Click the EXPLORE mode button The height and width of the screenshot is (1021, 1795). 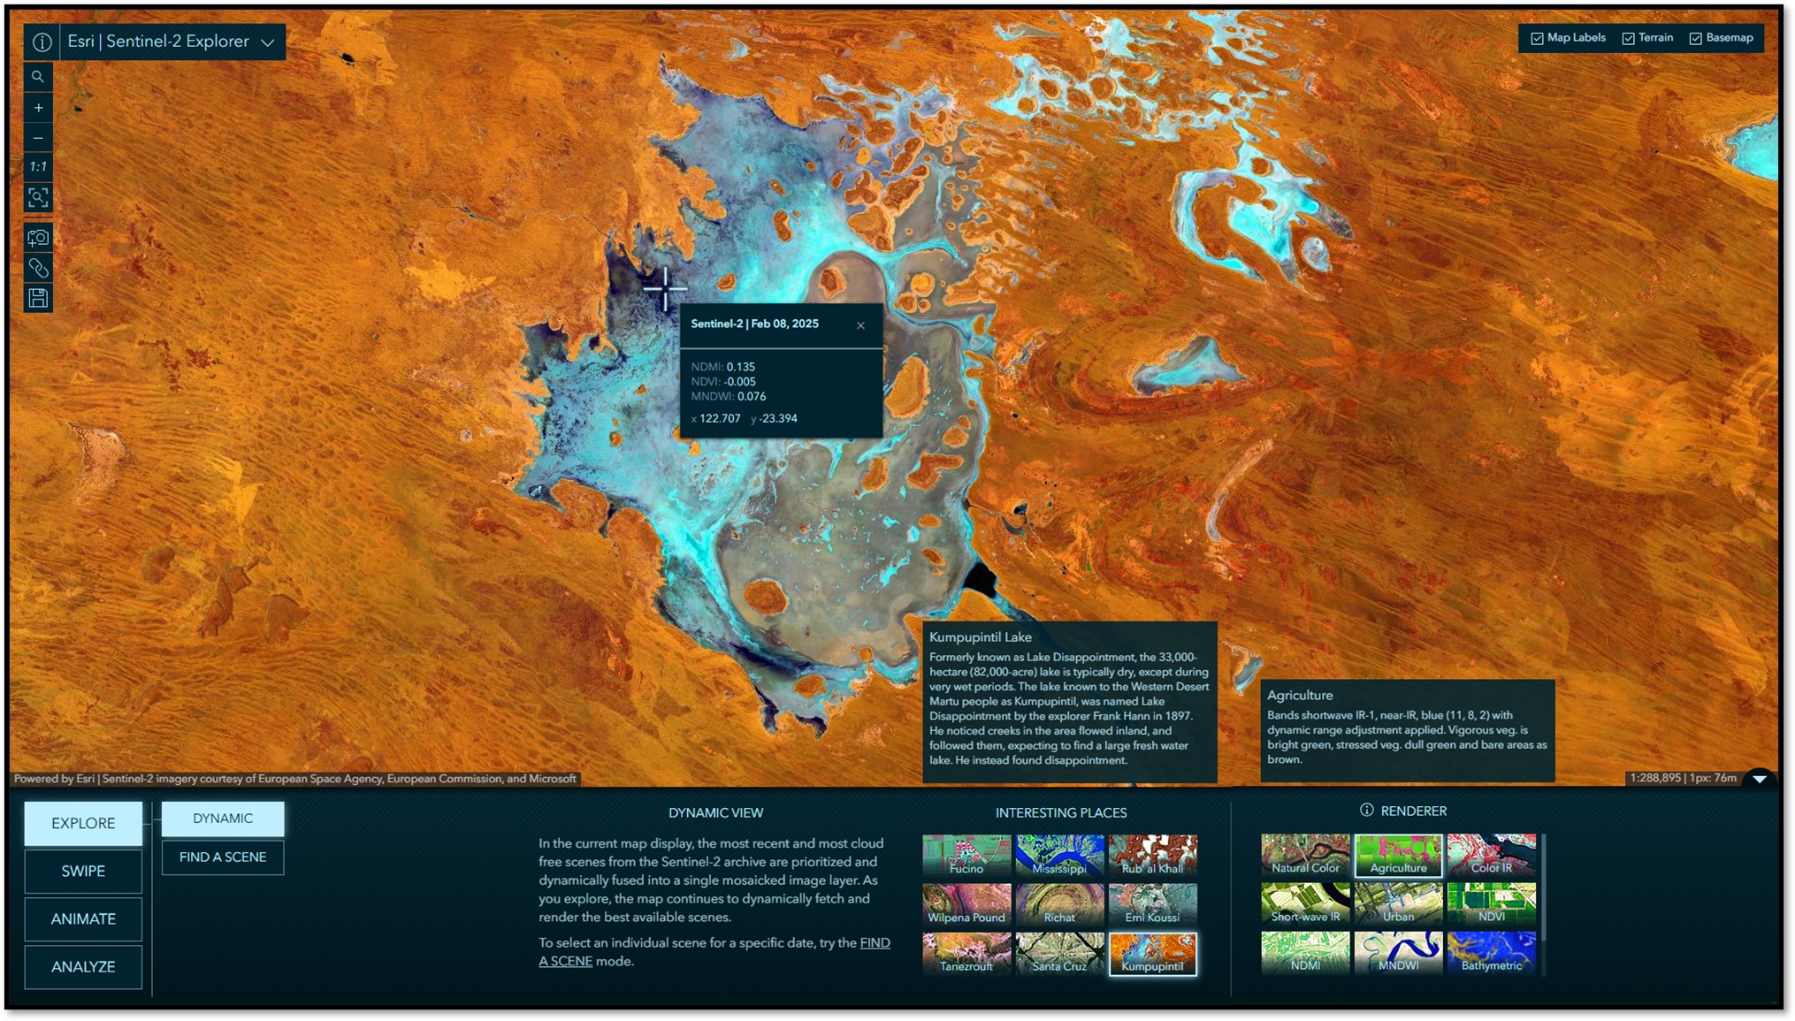[83, 823]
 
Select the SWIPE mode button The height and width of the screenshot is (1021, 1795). [83, 871]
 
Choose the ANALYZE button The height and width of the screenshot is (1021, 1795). [83, 966]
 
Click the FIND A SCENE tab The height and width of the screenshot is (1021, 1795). [223, 857]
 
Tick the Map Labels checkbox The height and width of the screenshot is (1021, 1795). [1538, 39]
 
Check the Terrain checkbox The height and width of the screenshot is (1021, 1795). [1629, 39]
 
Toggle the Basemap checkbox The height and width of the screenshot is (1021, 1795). [1696, 39]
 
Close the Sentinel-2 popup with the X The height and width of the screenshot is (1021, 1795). [860, 325]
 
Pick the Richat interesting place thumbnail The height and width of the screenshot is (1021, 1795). [1059, 903]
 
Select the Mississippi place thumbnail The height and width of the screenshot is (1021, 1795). [1059, 855]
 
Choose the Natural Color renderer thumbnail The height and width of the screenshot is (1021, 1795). [1305, 855]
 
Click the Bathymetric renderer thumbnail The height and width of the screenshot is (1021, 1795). [1491, 952]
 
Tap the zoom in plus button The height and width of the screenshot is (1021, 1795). [38, 108]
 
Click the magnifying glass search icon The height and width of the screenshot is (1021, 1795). [38, 77]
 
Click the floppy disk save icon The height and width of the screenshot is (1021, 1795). [38, 299]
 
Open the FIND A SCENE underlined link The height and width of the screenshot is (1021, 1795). [875, 943]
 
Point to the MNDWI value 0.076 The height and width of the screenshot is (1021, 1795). [752, 397]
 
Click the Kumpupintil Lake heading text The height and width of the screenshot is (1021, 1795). [980, 636]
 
